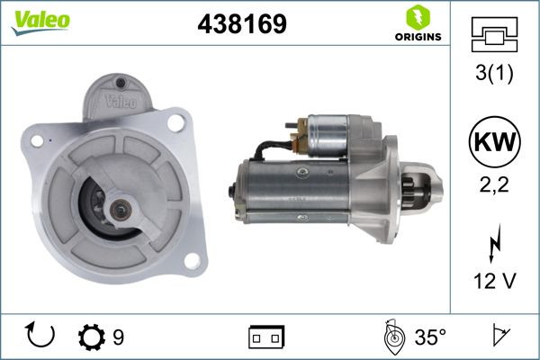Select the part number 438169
pos(241,25)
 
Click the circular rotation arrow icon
pos(41,337)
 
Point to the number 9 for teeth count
pos(119,337)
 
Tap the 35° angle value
pos(429,337)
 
